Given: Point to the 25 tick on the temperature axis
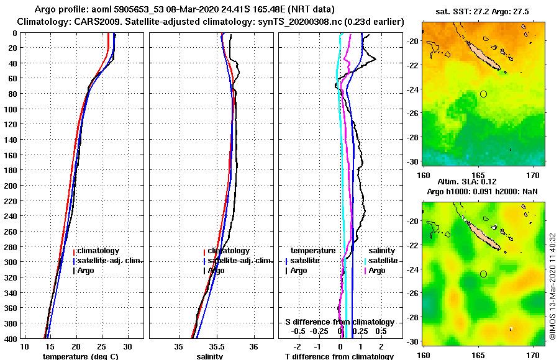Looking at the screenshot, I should tap(102, 346).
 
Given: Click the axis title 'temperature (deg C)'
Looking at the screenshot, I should tap(80, 356).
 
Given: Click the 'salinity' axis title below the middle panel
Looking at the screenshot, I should tap(209, 356).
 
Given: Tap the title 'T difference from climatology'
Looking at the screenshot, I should tap(339, 356).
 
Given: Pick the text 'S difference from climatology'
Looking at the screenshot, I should tap(339, 322).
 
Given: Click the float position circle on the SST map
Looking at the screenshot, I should tap(483, 94).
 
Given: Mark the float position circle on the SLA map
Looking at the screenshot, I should tap(483, 274).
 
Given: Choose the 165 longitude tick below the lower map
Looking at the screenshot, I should tap(478, 355).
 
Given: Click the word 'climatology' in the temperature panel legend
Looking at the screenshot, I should tap(98, 250).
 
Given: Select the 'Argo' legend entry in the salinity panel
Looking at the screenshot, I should tap(217, 271).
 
